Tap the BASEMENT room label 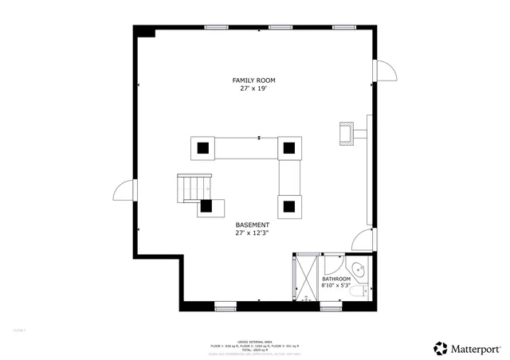point(252,225)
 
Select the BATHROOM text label point(335,279)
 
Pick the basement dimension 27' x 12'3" point(252,233)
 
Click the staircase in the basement point(191,188)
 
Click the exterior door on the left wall point(124,191)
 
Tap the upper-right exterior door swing point(386,70)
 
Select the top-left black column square point(203,147)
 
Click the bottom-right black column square point(288,207)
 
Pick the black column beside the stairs point(206,205)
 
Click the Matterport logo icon point(441,347)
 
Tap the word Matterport point(477,348)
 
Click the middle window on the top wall point(280,27)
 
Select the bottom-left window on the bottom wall point(226,305)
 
